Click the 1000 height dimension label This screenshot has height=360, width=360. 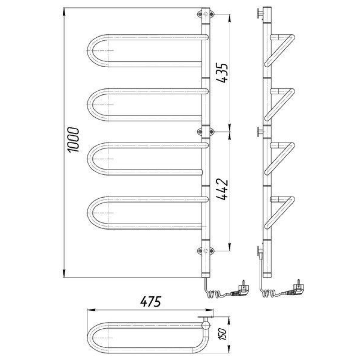point(73,140)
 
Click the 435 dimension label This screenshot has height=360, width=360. point(222,73)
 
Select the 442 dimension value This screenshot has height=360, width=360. point(222,189)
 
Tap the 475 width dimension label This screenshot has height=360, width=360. point(151,302)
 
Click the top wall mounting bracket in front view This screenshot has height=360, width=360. point(206,14)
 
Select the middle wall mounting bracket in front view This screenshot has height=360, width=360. point(206,131)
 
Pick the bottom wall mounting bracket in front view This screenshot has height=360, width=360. point(206,251)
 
